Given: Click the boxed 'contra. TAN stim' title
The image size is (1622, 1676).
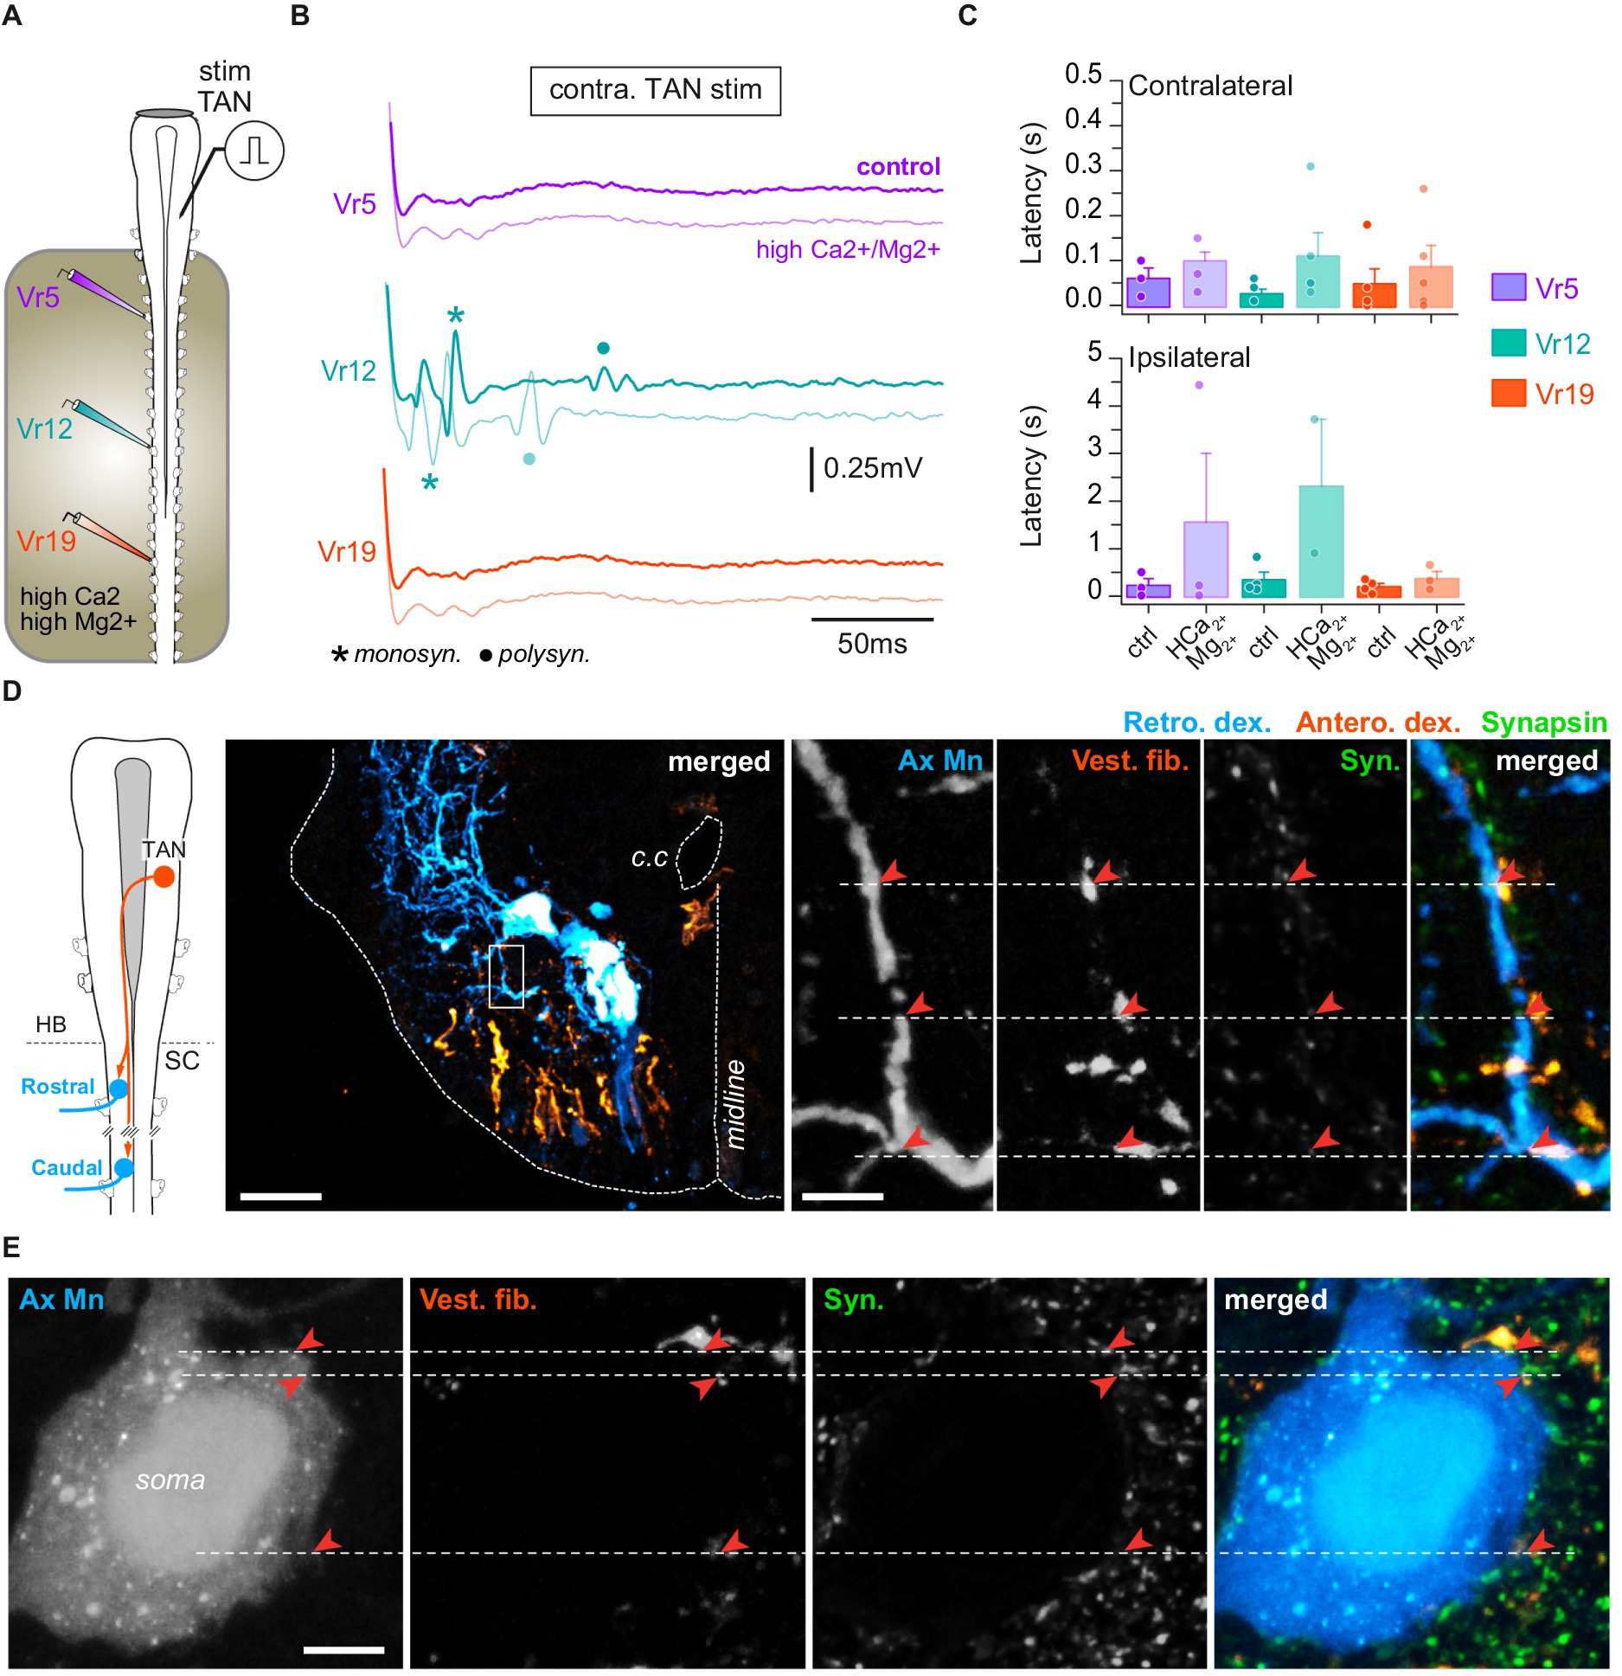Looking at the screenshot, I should [655, 90].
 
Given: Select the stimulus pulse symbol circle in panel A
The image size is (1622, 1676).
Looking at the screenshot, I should [254, 151].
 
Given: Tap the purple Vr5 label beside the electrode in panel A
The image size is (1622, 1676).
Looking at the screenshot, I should [38, 298].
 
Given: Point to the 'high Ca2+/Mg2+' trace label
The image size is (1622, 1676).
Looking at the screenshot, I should [848, 250].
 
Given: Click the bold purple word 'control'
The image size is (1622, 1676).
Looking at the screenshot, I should [898, 167].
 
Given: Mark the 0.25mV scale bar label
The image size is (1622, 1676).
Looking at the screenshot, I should [872, 468].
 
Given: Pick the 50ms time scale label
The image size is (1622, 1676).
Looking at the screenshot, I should [872, 644].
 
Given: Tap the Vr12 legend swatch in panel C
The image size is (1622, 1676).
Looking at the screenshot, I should [1509, 343].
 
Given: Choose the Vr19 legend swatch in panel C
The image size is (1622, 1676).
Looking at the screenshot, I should [1509, 394].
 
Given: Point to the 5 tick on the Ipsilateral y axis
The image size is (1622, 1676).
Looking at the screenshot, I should [1094, 353].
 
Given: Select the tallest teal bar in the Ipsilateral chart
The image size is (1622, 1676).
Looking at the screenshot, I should [1321, 541].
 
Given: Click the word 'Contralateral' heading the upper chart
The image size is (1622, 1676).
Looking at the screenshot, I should [1209, 86].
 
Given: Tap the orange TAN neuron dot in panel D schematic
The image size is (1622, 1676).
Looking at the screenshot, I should [163, 878].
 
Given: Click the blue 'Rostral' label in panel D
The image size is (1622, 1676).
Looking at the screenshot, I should [57, 1087].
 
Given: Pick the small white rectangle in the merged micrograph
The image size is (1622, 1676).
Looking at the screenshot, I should [506, 976].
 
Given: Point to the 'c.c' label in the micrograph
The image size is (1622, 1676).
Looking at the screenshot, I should [649, 857].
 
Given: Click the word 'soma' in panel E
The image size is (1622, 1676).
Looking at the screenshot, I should [170, 1480].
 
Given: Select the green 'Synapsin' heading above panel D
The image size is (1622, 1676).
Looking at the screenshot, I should [1543, 722].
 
